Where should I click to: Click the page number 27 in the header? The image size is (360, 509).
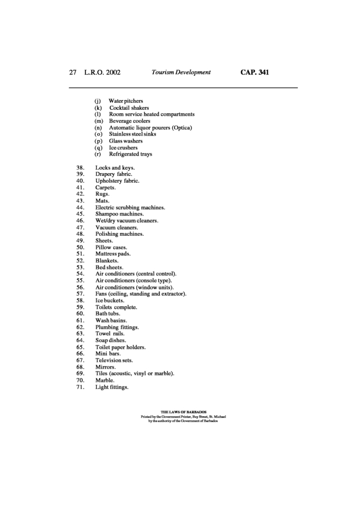pos(72,72)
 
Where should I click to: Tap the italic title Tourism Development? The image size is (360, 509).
pos(181,72)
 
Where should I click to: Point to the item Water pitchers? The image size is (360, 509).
pos(125,101)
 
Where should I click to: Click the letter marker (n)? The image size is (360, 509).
pos(98,128)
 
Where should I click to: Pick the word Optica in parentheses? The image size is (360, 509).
pos(181,128)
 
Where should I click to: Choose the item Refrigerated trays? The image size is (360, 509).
pos(130,154)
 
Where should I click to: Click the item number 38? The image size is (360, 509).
pos(80,168)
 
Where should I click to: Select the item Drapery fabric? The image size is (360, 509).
pos(114,175)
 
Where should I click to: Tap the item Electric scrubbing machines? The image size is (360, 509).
pos(130,208)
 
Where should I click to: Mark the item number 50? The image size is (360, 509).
pos(80,248)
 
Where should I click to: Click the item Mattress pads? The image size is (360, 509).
pos(114,255)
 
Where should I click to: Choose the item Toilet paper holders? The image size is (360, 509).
pos(120,347)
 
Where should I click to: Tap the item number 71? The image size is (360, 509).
pos(80,387)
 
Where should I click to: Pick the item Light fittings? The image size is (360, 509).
pos(112,387)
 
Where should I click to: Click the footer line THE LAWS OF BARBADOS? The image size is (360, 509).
pos(184,412)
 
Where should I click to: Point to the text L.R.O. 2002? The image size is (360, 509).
pos(102,72)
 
